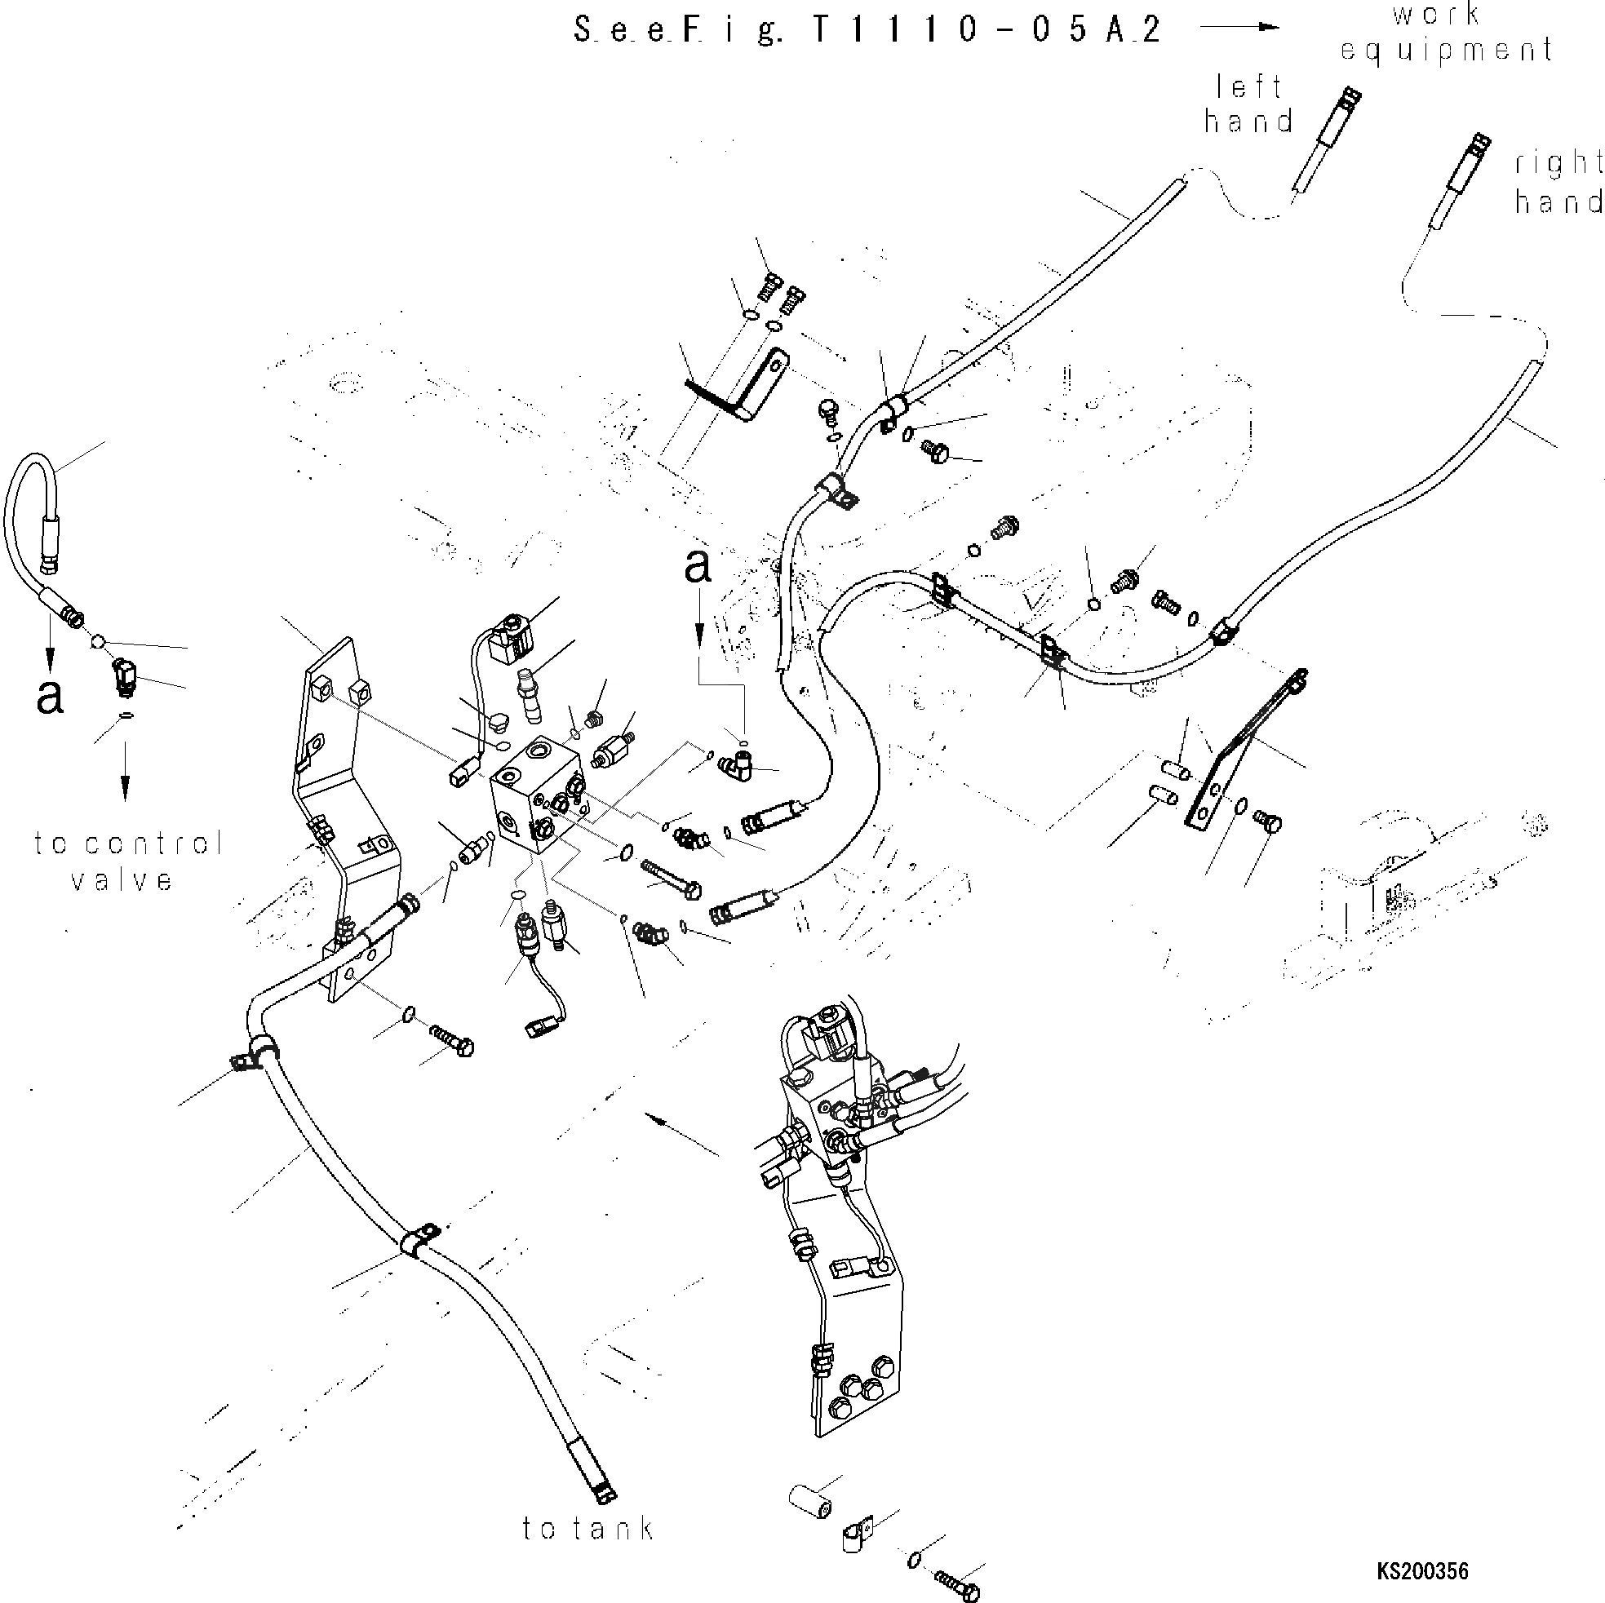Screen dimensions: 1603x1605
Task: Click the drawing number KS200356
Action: [x=1422, y=1571]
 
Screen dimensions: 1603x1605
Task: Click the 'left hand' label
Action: [x=1249, y=104]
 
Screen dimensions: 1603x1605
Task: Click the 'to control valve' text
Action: [x=127, y=861]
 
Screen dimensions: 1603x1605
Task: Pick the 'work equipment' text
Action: [x=1447, y=33]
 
